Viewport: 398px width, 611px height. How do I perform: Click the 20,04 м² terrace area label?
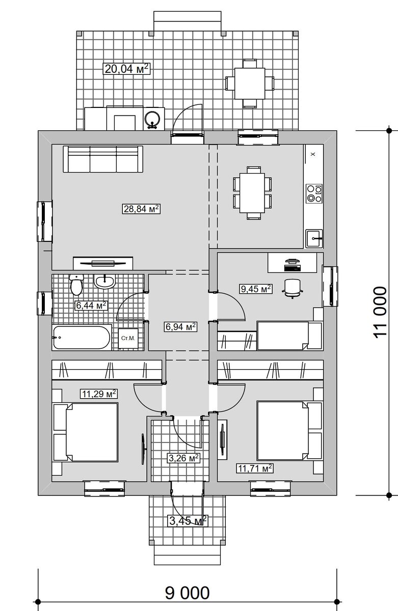point(127,68)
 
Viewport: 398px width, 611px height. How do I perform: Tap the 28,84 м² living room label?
point(141,209)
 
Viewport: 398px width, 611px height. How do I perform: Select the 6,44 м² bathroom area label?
point(91,305)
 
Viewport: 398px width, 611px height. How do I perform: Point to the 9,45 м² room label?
point(256,289)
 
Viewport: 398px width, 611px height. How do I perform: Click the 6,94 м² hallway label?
point(180,326)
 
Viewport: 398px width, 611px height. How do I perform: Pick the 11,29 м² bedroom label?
point(99,394)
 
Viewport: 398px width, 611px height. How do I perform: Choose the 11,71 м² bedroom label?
point(255,468)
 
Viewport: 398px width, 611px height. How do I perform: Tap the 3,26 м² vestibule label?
point(183,458)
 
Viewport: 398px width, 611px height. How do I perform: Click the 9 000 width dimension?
point(187,593)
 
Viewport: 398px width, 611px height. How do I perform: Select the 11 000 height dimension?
point(380,313)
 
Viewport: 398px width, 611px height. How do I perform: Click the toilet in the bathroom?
point(76,285)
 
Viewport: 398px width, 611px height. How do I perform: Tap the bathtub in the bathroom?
point(82,338)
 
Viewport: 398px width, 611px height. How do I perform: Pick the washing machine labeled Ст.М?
point(128,338)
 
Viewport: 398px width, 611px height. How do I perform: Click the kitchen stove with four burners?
point(314,193)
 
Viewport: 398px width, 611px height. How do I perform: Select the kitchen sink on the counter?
point(314,238)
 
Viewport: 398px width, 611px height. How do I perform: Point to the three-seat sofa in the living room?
point(103,159)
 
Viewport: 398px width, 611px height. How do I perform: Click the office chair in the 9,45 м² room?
point(293,289)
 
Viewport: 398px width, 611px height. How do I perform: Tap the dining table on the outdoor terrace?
point(250,83)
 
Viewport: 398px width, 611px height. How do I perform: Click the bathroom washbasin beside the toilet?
point(104,281)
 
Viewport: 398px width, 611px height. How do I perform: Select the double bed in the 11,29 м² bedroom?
point(86,432)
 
